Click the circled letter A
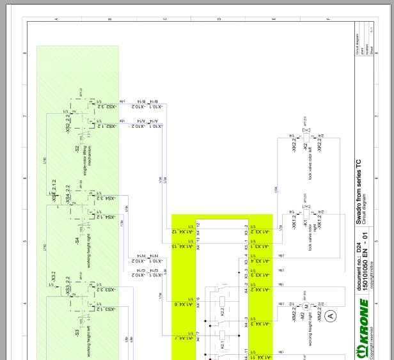tap(330, 315)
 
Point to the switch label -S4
tap(76, 241)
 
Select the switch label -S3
tap(76, 334)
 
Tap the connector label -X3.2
tap(54, 276)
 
